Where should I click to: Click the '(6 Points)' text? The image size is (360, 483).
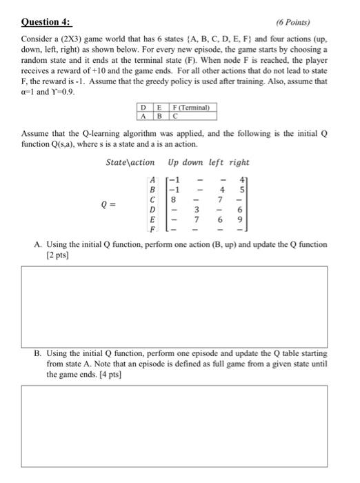(293, 21)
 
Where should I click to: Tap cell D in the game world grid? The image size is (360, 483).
(143, 107)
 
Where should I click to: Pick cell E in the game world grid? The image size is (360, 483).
(159, 107)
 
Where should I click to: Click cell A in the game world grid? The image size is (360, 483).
(143, 116)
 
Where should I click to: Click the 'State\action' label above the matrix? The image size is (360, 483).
(131, 162)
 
